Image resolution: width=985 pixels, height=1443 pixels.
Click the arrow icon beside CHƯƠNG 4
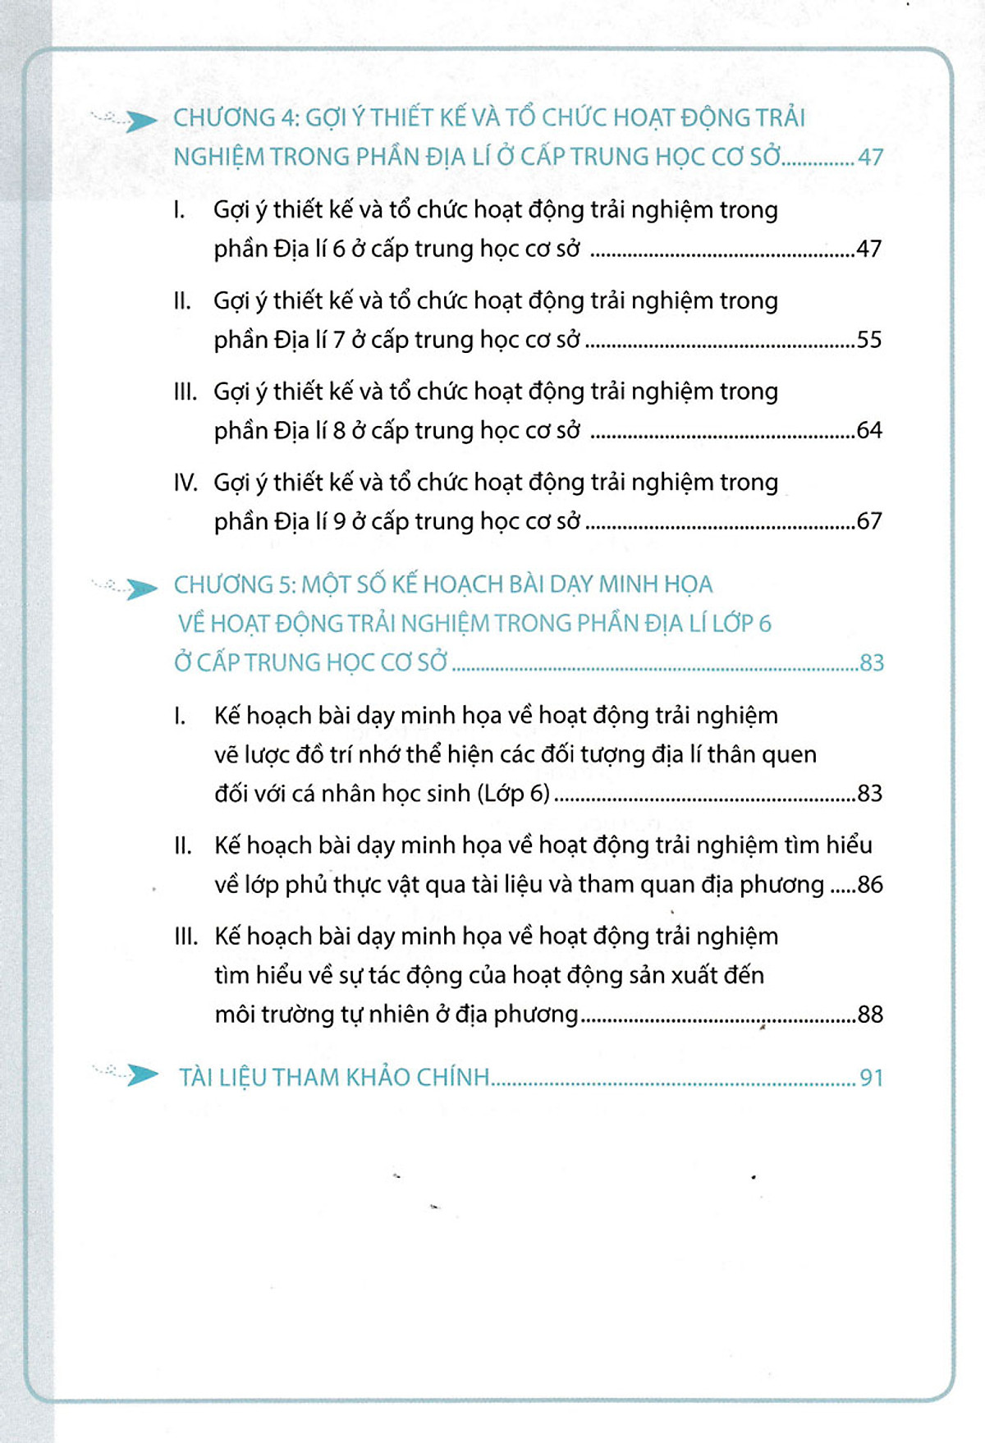tap(141, 121)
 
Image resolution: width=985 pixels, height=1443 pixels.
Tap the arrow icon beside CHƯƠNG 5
tap(141, 588)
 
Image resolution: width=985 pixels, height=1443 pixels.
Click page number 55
tap(868, 340)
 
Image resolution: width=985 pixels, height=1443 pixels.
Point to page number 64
tap(868, 430)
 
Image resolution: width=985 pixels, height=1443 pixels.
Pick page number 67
tap(868, 521)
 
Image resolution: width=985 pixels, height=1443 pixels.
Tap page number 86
tap(870, 885)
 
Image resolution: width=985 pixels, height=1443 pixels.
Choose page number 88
tap(870, 1015)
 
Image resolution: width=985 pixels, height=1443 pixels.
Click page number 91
tap(871, 1078)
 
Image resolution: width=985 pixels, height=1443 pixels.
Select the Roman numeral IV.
tap(186, 483)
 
